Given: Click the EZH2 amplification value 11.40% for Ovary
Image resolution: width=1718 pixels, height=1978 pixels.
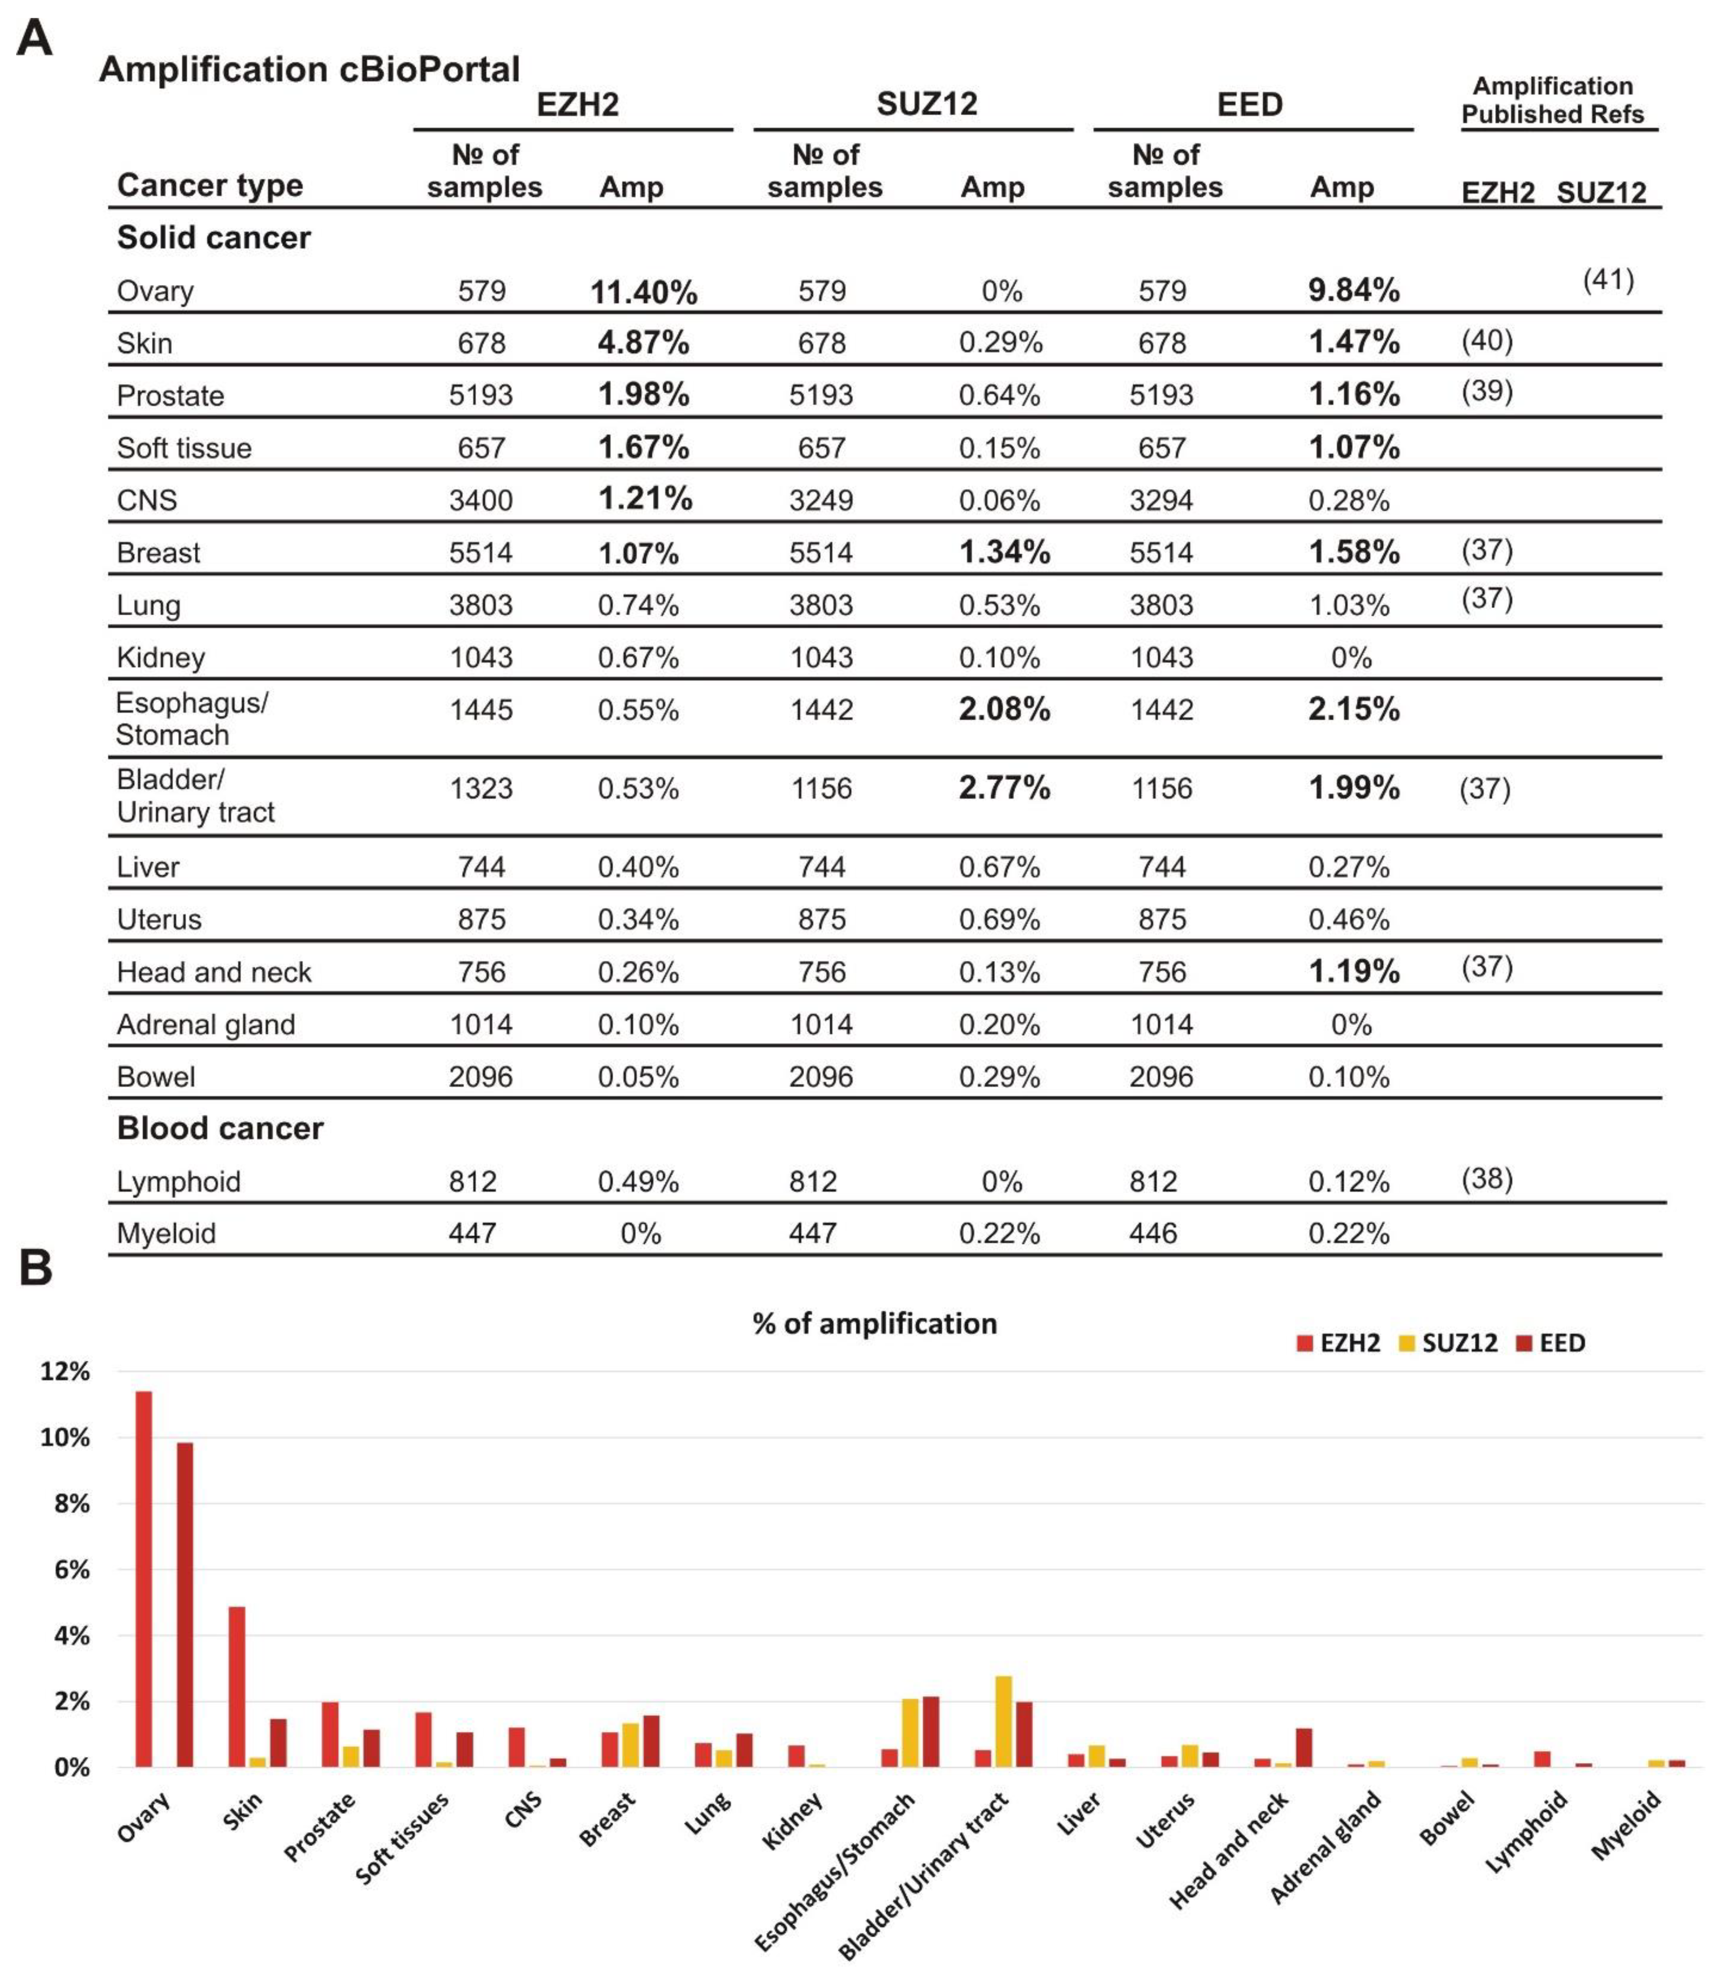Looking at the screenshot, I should point(643,292).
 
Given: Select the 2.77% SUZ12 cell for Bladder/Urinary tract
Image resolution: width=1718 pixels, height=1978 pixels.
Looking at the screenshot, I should point(1004,788).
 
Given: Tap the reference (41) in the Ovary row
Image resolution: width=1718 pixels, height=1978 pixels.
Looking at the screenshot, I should point(1608,280).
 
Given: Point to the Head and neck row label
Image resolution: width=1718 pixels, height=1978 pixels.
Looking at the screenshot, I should point(214,972).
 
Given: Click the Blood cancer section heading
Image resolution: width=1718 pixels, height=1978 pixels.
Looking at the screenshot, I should point(219,1128).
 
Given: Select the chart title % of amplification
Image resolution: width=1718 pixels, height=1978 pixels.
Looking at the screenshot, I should point(875,1324).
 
